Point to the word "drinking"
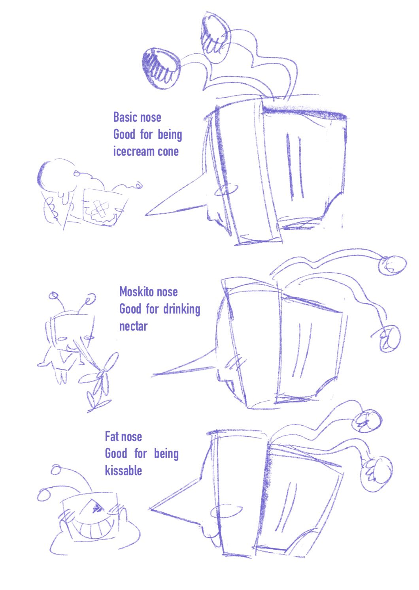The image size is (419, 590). [x=182, y=309]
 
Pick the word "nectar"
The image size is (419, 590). [x=134, y=326]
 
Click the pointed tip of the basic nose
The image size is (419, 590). [x=145, y=215]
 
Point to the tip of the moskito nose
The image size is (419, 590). [x=152, y=375]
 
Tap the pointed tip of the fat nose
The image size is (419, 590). [x=150, y=508]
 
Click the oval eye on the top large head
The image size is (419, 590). [x=226, y=190]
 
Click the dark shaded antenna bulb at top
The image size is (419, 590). [x=161, y=68]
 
